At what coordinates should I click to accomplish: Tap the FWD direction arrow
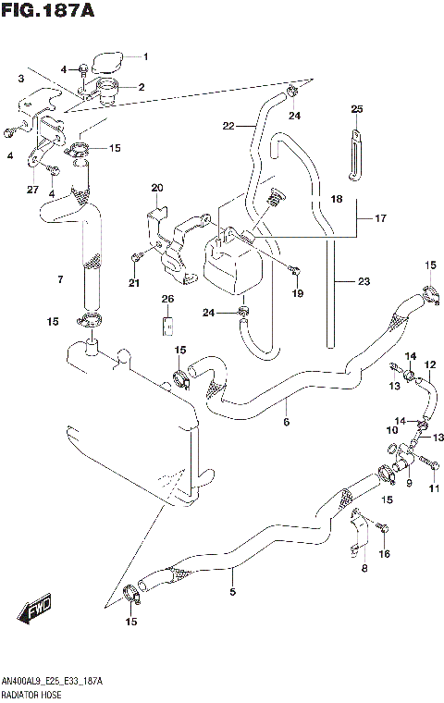point(34,611)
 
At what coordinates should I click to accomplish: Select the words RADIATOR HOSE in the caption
point(32,693)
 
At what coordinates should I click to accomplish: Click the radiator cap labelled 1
point(108,61)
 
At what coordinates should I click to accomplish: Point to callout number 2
point(142,87)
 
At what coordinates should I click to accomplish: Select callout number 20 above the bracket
point(156,188)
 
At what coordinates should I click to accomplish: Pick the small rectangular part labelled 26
point(167,326)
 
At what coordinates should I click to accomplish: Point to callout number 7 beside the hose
point(60,279)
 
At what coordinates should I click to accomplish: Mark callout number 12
point(430,365)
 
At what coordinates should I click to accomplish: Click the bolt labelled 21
point(137,256)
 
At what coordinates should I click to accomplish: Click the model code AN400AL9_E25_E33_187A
point(53,680)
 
